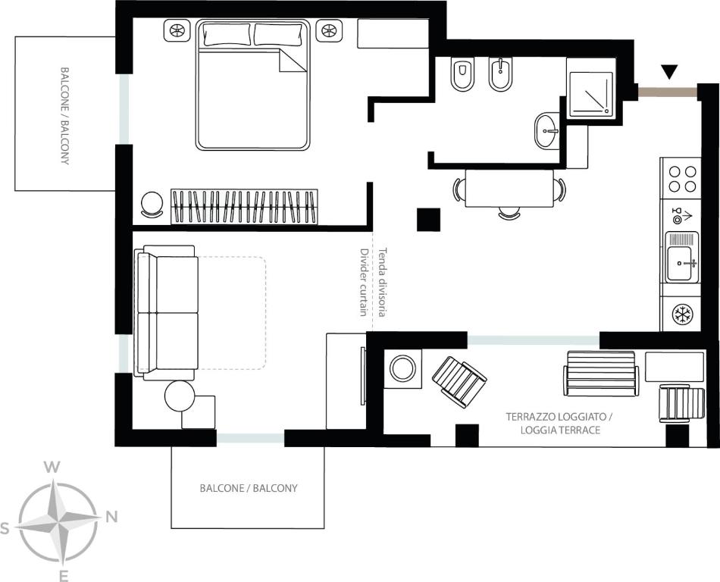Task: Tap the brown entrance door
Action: [668, 92]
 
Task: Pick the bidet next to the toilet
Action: [500, 75]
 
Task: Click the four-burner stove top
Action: [682, 179]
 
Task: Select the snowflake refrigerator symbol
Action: [682, 314]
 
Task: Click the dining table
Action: [510, 189]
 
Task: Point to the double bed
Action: [252, 85]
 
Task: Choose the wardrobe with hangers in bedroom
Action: [244, 207]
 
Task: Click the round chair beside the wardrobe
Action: [152, 205]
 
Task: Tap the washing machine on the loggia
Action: [402, 368]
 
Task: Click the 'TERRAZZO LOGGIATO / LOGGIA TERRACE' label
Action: [560, 423]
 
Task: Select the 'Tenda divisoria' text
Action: [383, 282]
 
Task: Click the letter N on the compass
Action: [111, 517]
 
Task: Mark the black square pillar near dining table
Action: [428, 220]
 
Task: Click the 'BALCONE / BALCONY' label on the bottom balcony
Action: [249, 488]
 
